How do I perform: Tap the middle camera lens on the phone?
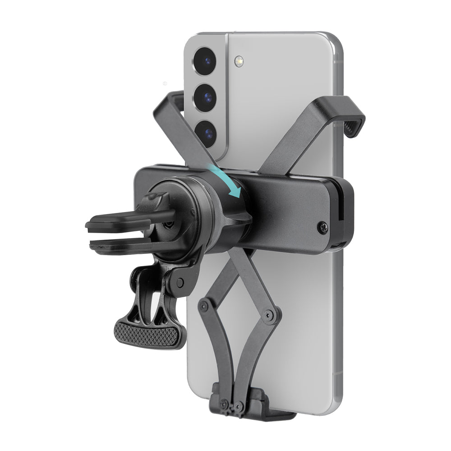206,96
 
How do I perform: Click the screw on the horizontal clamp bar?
322,227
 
